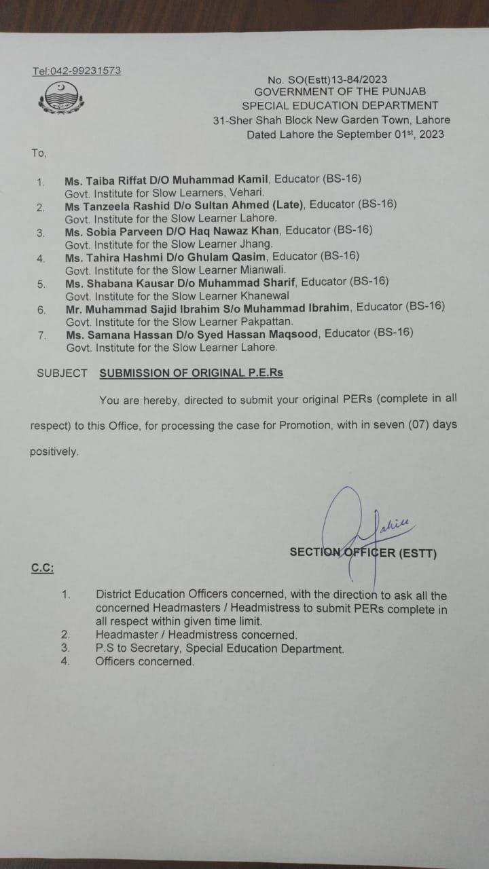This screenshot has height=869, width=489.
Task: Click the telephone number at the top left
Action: pos(77,71)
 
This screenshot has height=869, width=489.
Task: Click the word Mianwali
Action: pos(264,270)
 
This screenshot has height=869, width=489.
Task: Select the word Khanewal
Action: pos(264,295)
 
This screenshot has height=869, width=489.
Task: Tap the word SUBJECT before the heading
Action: pos(62,373)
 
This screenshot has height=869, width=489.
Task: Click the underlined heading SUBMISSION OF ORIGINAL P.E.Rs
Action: pos(191,373)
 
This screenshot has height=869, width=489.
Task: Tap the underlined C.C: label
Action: pos(42,568)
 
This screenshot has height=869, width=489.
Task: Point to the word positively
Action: pos(54,451)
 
